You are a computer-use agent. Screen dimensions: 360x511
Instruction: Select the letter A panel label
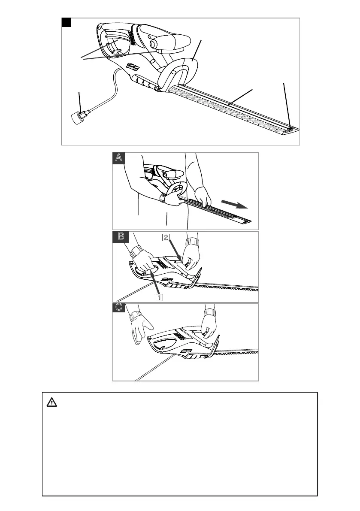click(119, 158)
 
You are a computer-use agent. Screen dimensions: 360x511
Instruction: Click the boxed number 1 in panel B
click(159, 296)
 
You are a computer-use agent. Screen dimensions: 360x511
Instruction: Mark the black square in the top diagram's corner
click(66, 22)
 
